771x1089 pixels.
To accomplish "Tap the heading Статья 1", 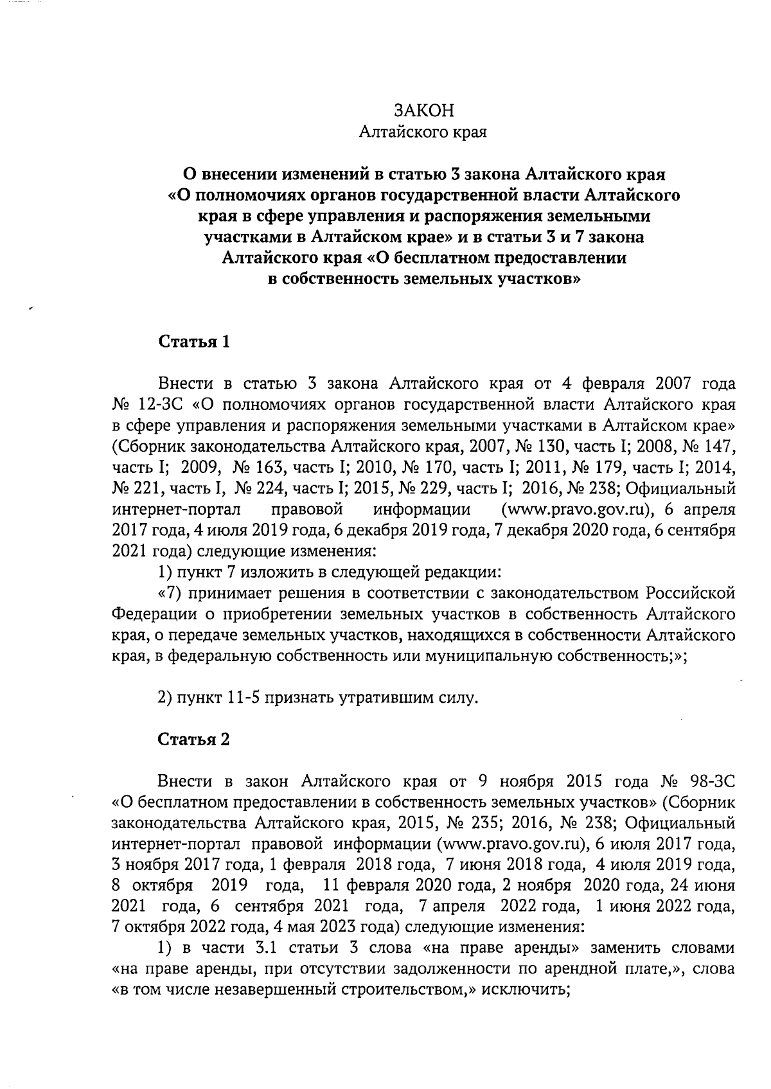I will [x=193, y=341].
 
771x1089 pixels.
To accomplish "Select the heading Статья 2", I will [x=193, y=739].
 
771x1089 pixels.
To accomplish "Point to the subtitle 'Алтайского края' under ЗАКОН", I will [x=423, y=133].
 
